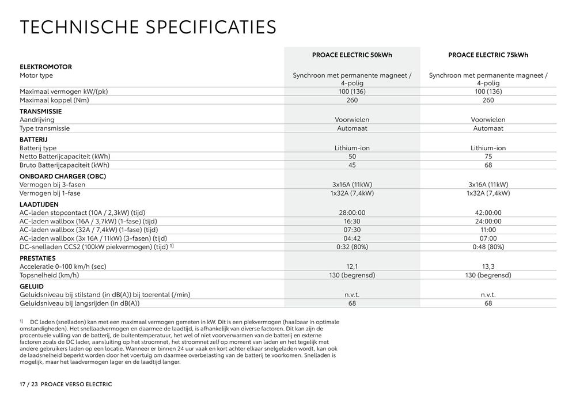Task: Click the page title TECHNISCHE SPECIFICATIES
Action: [x=148, y=28]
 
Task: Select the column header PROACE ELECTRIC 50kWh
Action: [x=352, y=55]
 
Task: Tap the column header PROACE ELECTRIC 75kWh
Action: [x=488, y=55]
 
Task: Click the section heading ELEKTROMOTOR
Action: [x=46, y=67]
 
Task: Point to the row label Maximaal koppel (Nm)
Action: [x=54, y=100]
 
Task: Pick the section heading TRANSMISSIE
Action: [x=40, y=111]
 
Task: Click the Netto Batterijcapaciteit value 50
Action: [x=352, y=157]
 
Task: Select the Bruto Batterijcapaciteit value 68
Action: [x=488, y=165]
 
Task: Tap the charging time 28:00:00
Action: [x=352, y=213]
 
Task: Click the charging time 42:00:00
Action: [x=488, y=213]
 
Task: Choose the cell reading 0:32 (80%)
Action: [x=352, y=247]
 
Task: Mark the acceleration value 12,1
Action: [x=352, y=267]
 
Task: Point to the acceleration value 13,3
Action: [x=488, y=267]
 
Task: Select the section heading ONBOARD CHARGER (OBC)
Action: [x=62, y=176]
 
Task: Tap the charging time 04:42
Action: [x=352, y=238]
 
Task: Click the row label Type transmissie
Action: [x=44, y=128]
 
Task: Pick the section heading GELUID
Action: [x=32, y=286]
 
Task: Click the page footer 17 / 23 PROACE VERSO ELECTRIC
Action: [x=66, y=383]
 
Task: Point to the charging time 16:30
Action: [x=352, y=221]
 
